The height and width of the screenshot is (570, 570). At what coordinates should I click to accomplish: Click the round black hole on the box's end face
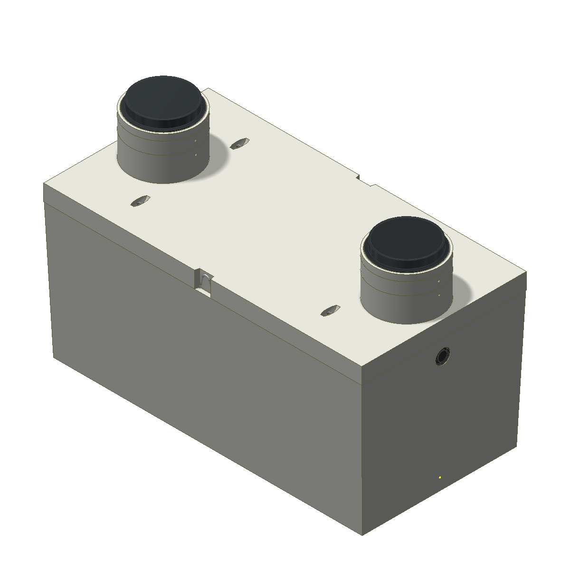[443, 356]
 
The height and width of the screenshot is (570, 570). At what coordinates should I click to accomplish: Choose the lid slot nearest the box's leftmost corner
[140, 201]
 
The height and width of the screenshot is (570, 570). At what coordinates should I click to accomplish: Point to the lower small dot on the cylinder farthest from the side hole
[196, 154]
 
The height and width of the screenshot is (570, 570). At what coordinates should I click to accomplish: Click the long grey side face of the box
[199, 380]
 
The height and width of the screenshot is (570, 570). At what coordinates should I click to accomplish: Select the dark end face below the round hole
[442, 427]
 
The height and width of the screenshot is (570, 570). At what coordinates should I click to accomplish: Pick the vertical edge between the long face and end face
[362, 451]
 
